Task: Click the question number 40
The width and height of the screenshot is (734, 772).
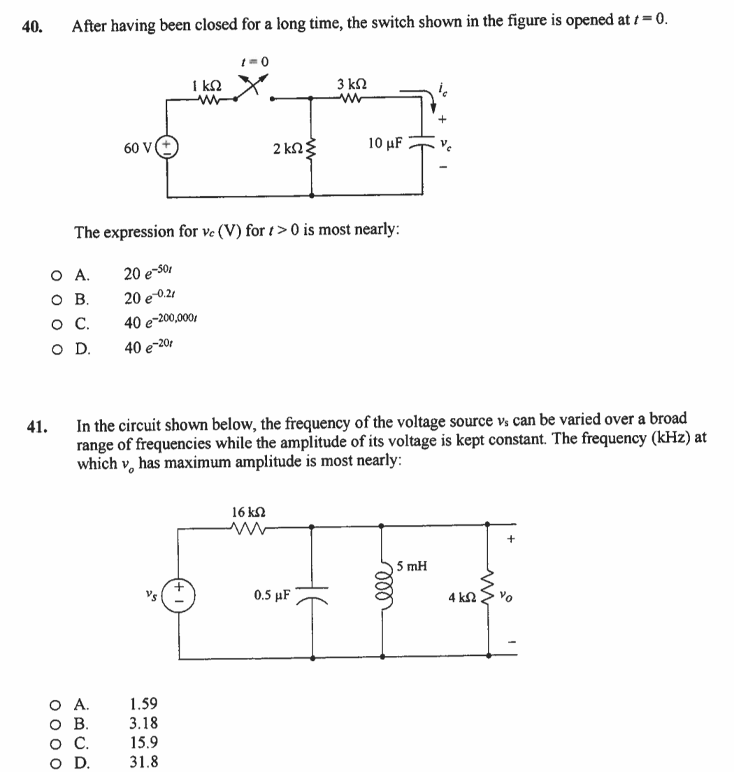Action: pyautogui.click(x=30, y=27)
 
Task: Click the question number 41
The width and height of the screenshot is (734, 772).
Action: pyautogui.click(x=37, y=425)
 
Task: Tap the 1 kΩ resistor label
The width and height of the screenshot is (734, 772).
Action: pyautogui.click(x=207, y=86)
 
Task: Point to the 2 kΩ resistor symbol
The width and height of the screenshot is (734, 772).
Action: pyautogui.click(x=311, y=149)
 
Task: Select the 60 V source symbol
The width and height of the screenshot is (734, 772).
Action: pyautogui.click(x=168, y=148)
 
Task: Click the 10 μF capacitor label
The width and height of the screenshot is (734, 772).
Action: pyautogui.click(x=384, y=144)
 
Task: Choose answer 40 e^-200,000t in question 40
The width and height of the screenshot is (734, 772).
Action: pyautogui.click(x=164, y=323)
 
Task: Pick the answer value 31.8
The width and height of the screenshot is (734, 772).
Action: pyautogui.click(x=144, y=762)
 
